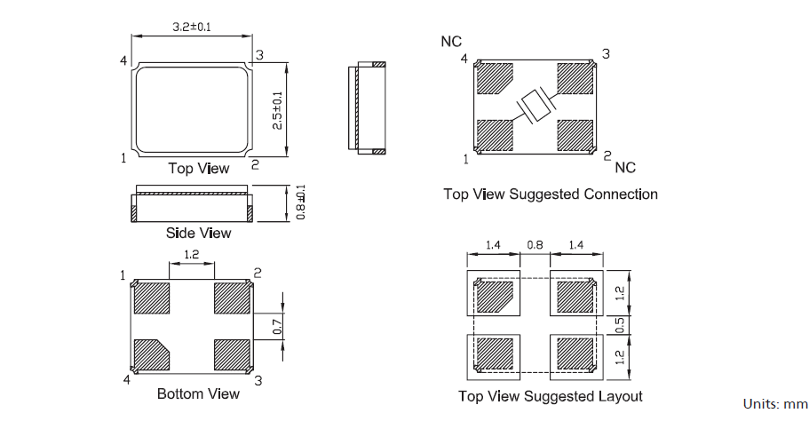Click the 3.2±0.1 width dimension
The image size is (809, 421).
tap(191, 27)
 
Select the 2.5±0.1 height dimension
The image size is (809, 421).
tap(277, 110)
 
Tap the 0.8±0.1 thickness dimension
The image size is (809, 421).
tap(301, 203)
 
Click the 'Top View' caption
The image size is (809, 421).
tap(198, 168)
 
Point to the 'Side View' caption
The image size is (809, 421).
tap(198, 233)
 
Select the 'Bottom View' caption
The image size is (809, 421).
tap(198, 393)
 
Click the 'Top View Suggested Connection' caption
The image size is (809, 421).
tap(551, 194)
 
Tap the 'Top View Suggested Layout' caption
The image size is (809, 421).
tap(551, 396)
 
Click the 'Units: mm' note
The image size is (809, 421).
tap(773, 404)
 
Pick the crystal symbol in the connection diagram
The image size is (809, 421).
tap(535, 107)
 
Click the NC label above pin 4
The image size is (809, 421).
tap(451, 42)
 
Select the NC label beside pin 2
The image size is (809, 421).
tap(625, 167)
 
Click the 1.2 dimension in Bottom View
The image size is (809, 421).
tap(190, 255)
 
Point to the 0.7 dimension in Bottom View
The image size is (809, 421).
tap(277, 327)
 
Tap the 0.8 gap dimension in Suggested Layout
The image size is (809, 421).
tap(535, 244)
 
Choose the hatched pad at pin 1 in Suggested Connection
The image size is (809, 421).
tap(495, 135)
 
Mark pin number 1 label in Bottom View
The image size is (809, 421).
tap(123, 275)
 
